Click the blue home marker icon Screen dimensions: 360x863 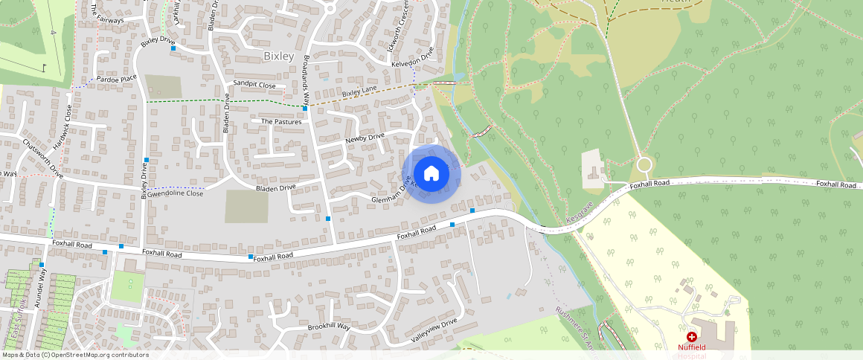point(431,174)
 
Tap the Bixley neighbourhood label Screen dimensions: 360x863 point(279,56)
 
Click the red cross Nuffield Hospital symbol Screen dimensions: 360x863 point(692,337)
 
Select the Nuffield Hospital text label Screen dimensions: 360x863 point(696,347)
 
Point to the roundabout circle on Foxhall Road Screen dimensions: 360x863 point(644,164)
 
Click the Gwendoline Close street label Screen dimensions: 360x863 point(175,193)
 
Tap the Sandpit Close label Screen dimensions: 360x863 point(254,85)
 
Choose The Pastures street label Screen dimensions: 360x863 point(281,121)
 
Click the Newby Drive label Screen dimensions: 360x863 point(365,138)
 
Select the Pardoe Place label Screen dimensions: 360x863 point(118,78)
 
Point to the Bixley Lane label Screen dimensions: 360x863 point(360,91)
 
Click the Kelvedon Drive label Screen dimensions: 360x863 point(412,60)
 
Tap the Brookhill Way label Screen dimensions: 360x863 point(328,327)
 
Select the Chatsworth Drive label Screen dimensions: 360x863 point(43,157)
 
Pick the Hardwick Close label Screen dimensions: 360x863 point(68,123)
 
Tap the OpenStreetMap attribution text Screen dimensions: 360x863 point(74,355)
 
